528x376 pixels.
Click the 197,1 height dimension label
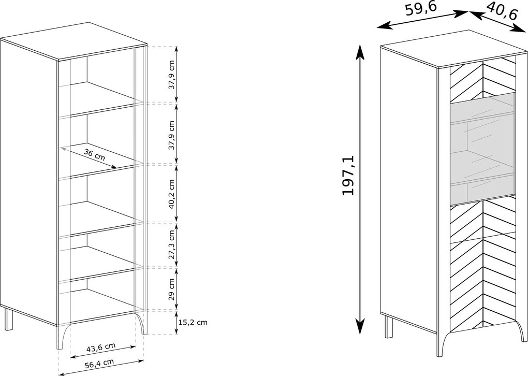(x=348, y=175)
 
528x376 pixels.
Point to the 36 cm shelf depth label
(x=94, y=155)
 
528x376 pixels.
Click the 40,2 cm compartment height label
(x=172, y=194)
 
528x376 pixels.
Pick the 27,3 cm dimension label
(x=172, y=245)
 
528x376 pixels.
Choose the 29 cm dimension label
(x=172, y=289)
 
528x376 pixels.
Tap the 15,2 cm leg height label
(x=193, y=323)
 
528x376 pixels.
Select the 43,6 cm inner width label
(x=101, y=348)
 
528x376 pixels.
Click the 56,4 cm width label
(x=99, y=364)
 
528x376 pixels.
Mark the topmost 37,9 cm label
(x=172, y=75)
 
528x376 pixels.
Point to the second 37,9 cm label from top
(x=172, y=135)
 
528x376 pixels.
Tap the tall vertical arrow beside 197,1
(x=360, y=189)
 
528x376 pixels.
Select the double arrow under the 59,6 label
(x=422, y=19)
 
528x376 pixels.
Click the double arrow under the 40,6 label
(x=497, y=22)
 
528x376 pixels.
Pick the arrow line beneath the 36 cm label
(x=88, y=157)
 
